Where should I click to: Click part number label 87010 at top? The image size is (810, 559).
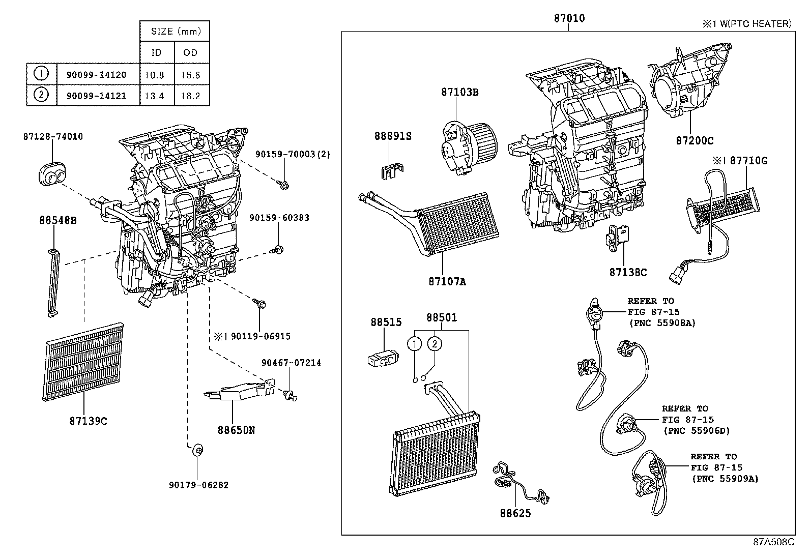tap(569, 19)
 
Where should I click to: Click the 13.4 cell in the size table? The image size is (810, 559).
tap(154, 96)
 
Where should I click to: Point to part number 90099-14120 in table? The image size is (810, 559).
tap(96, 75)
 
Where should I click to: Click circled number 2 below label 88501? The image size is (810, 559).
tap(435, 344)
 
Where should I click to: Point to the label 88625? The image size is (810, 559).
tap(515, 513)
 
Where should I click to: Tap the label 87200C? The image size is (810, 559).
tap(695, 141)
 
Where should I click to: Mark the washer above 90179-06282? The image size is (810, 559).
tap(198, 450)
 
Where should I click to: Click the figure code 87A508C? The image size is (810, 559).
tap(773, 542)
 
